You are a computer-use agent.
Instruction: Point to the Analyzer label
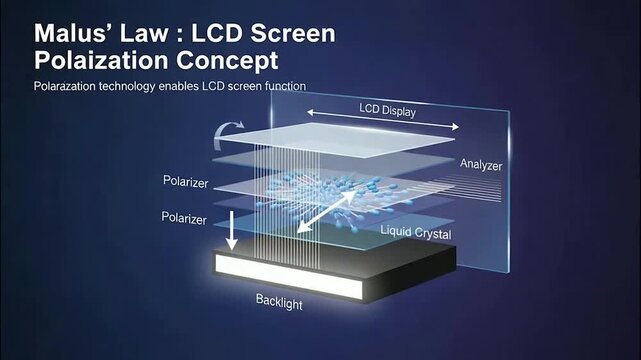point(482,163)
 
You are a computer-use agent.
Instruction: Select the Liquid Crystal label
point(415,233)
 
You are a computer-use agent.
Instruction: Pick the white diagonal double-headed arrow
point(326,211)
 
